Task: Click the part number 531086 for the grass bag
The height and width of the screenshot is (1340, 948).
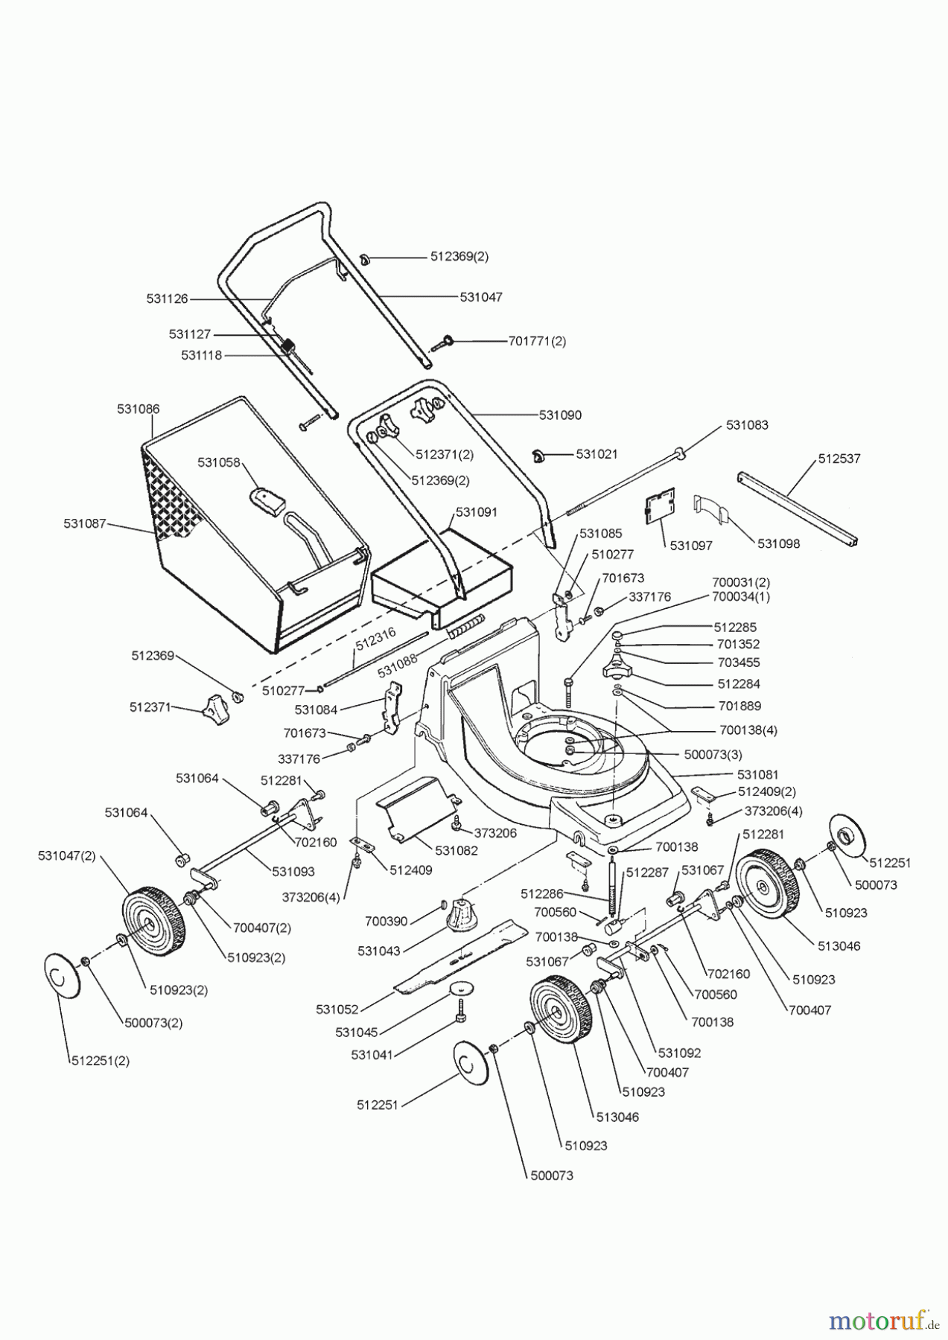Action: tap(138, 409)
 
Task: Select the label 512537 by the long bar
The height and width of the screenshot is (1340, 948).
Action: tap(839, 459)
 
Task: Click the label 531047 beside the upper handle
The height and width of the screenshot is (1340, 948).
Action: tap(480, 297)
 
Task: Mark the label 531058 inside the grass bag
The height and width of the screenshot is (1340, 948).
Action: tap(218, 462)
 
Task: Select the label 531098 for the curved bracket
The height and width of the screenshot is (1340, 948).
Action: tap(778, 543)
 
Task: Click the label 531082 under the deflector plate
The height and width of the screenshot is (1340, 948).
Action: tap(456, 851)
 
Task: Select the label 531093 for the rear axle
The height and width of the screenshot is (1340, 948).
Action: tap(293, 871)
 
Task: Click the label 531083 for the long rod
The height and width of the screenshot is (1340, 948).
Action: tap(747, 425)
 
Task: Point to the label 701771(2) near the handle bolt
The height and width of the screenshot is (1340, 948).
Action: tap(537, 341)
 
